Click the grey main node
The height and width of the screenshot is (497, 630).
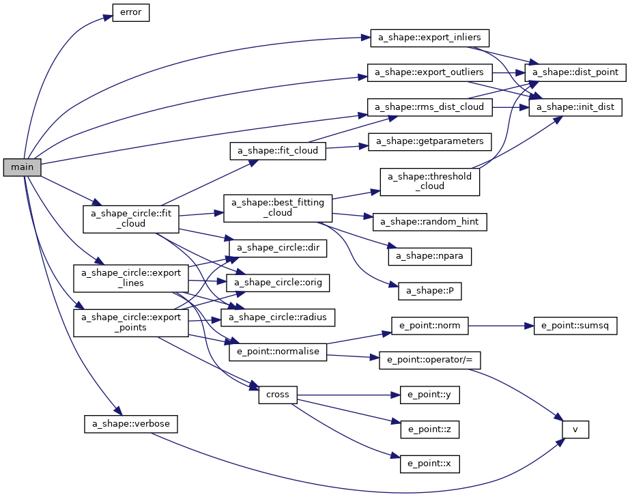[x=22, y=166]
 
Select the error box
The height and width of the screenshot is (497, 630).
[x=130, y=13]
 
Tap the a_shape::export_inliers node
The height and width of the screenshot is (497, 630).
[x=430, y=37]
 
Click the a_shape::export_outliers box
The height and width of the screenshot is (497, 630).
[x=430, y=72]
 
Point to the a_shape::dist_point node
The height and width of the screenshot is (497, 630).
[x=575, y=72]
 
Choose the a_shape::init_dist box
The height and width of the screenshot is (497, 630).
[x=575, y=107]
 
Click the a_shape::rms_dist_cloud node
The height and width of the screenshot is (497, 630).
[x=430, y=107]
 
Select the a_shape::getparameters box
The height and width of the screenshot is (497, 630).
[x=430, y=141]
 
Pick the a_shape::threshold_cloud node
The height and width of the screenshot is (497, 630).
[x=430, y=181]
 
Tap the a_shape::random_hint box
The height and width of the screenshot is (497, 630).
[x=430, y=221]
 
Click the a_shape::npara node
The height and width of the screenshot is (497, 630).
[x=430, y=256]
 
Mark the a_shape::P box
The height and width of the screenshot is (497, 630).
[x=430, y=291]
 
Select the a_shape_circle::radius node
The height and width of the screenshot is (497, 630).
[x=277, y=317]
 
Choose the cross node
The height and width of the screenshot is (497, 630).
[x=277, y=395]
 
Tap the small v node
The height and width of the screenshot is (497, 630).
[x=575, y=429]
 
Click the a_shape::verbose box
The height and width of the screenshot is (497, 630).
[x=130, y=424]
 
